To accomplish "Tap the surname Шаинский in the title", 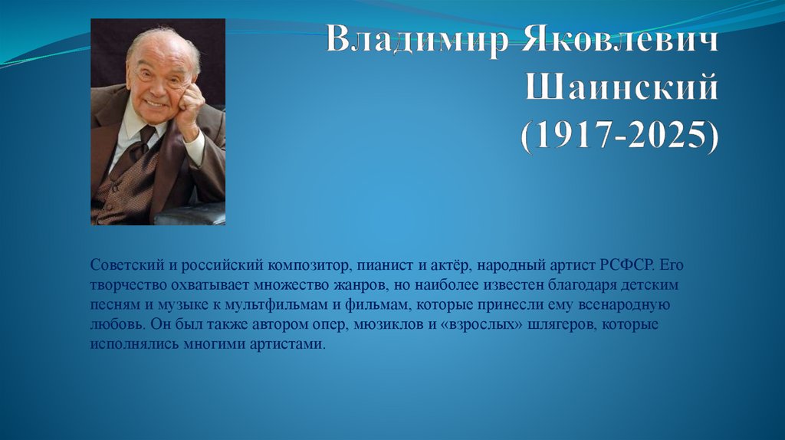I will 622,90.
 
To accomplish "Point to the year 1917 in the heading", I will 567,140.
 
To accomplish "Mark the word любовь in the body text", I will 115,324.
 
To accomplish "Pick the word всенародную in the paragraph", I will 622,304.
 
